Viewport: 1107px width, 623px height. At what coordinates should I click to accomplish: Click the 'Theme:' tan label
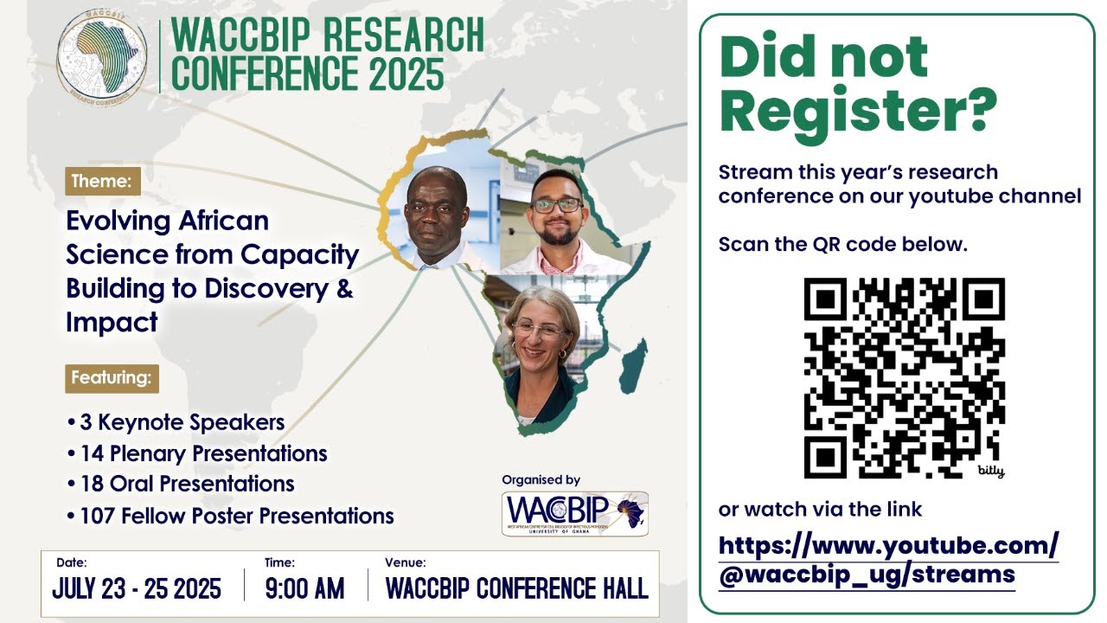click(102, 182)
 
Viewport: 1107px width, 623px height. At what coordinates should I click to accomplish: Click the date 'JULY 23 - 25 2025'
click(137, 589)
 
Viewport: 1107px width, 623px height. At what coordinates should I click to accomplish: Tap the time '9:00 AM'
click(304, 589)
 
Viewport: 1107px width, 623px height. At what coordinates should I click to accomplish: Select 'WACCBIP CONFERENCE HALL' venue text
click(516, 589)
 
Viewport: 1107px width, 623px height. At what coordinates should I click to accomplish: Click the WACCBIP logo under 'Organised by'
click(575, 513)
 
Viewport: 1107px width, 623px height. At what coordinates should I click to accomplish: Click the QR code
click(905, 378)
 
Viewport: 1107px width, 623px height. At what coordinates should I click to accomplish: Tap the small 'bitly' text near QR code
click(991, 472)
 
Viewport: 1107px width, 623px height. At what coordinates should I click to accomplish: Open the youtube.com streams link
click(888, 560)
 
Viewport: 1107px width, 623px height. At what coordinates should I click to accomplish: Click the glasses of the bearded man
click(557, 206)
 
